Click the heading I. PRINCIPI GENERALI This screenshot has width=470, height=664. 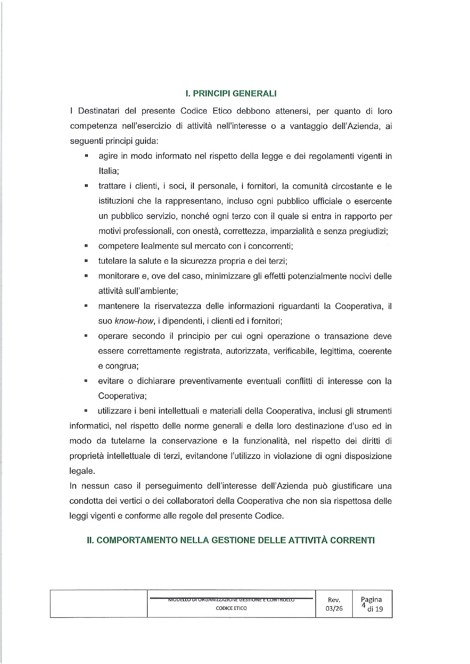click(x=231, y=93)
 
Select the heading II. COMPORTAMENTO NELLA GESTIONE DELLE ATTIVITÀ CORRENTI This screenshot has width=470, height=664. click(x=231, y=540)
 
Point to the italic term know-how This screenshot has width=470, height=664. click(x=134, y=321)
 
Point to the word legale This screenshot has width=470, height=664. click(x=81, y=471)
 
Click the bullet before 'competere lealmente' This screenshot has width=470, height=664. click(x=86, y=246)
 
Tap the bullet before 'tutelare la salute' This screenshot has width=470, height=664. click(x=86, y=261)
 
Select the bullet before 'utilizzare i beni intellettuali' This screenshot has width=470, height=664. click(x=86, y=411)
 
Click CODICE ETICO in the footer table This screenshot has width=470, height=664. click(x=231, y=608)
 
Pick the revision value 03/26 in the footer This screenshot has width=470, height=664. click(x=334, y=609)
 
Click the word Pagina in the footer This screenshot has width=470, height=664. click(x=371, y=600)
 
